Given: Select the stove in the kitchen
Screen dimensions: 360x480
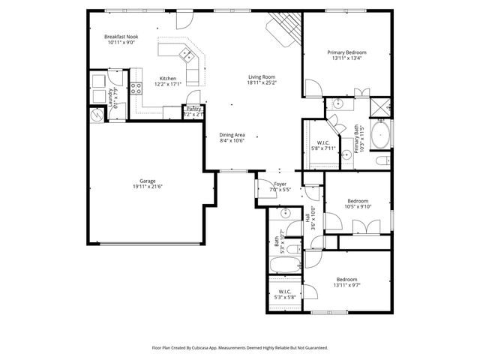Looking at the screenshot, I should click(x=137, y=88).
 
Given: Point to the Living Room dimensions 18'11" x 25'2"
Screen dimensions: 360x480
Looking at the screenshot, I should click(x=262, y=82).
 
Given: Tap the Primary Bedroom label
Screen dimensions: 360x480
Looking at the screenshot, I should click(x=346, y=52).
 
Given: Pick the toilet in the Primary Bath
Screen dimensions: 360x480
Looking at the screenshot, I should click(x=382, y=160).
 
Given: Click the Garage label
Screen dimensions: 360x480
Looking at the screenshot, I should click(x=148, y=181).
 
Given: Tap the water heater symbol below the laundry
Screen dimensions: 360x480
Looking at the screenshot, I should click(x=97, y=115).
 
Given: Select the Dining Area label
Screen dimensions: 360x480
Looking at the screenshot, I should click(x=232, y=135).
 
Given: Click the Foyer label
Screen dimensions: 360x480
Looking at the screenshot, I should click(x=280, y=183).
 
